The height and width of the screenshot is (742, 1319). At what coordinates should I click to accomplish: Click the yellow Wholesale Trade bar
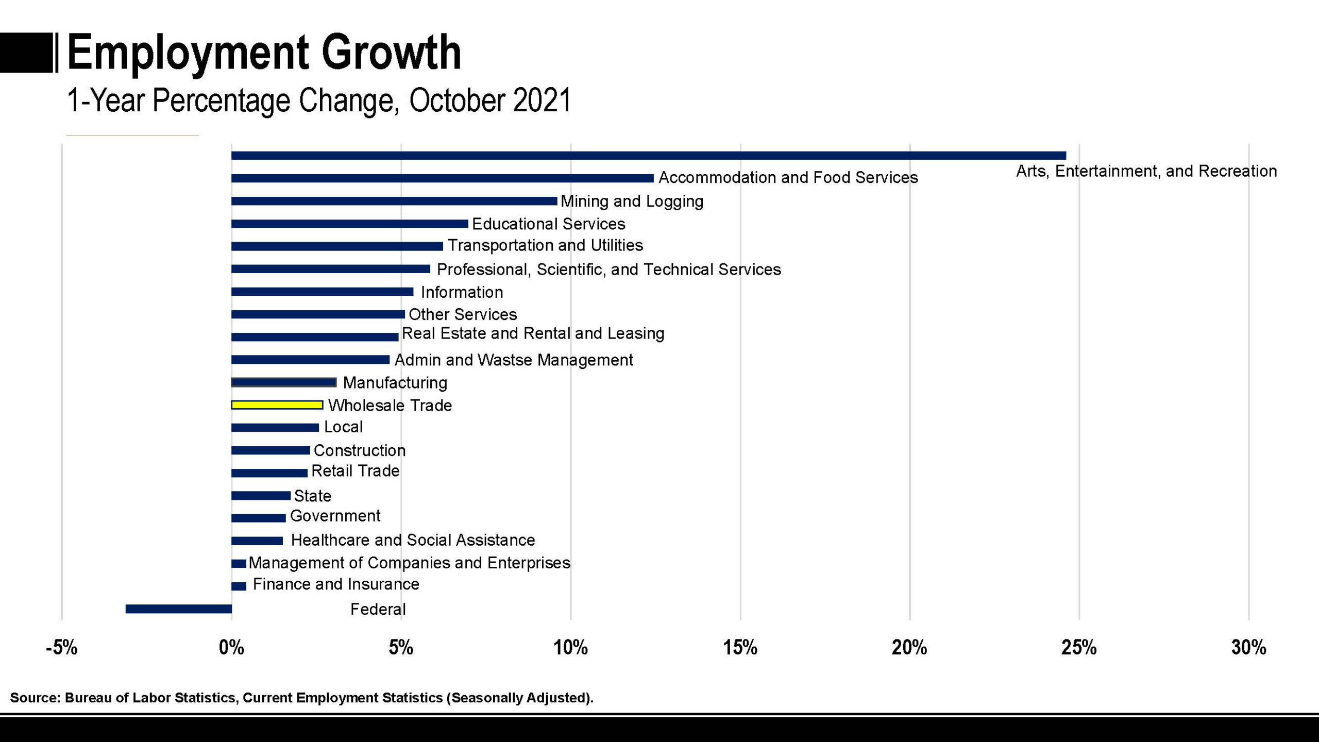pyautogui.click(x=277, y=405)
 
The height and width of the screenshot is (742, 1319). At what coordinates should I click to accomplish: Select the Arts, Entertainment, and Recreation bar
pyautogui.click(x=648, y=156)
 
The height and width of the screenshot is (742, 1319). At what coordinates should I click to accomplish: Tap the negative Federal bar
pyautogui.click(x=178, y=609)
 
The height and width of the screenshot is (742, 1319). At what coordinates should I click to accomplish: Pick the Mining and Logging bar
pyautogui.click(x=394, y=201)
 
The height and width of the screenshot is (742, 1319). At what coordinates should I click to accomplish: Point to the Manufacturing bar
pyautogui.click(x=284, y=382)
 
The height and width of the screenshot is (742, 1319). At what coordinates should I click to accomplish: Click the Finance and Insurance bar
pyautogui.click(x=239, y=586)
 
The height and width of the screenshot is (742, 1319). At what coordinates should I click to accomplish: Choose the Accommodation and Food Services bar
pyautogui.click(x=442, y=178)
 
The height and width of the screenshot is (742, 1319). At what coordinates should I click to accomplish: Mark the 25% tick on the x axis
pyautogui.click(x=1079, y=647)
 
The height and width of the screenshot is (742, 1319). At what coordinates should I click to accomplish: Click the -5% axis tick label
pyautogui.click(x=61, y=647)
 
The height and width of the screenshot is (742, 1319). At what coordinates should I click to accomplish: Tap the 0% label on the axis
pyautogui.click(x=231, y=647)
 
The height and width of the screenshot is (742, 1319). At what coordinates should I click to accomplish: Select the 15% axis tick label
pyautogui.click(x=740, y=647)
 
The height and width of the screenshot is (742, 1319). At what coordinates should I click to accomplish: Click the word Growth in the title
pyautogui.click(x=391, y=53)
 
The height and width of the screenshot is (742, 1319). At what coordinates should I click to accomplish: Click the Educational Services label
pyautogui.click(x=548, y=224)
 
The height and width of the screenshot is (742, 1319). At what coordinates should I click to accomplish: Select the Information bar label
pyautogui.click(x=462, y=292)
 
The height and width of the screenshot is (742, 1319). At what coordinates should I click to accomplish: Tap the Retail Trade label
pyautogui.click(x=356, y=471)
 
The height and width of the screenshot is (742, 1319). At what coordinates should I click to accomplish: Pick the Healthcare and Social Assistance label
pyautogui.click(x=413, y=540)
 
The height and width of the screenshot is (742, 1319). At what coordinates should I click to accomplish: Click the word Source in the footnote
pyautogui.click(x=34, y=698)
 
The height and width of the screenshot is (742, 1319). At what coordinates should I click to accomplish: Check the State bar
pyautogui.click(x=261, y=496)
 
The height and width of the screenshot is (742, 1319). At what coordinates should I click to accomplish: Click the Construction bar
pyautogui.click(x=270, y=450)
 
